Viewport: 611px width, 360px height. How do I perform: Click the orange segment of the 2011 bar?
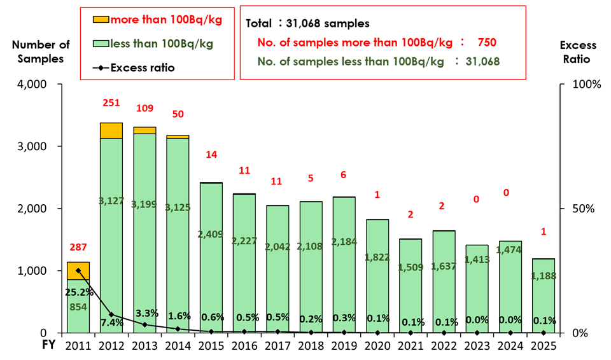click(78, 270)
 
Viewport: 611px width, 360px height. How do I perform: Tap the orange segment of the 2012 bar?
click(111, 130)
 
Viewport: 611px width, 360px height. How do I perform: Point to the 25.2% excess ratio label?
click(78, 293)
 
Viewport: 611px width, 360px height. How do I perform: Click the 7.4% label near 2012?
click(111, 322)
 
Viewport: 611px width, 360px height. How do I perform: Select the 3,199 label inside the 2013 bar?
click(144, 205)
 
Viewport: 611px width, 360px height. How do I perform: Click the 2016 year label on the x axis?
click(244, 345)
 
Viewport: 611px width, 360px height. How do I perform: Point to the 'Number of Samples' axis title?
click(41, 52)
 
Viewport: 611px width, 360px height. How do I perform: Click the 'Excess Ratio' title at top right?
click(578, 52)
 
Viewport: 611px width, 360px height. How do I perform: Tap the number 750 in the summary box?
click(484, 43)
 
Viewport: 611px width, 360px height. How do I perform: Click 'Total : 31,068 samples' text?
click(307, 24)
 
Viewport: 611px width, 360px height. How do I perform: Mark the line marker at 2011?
click(78, 270)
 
